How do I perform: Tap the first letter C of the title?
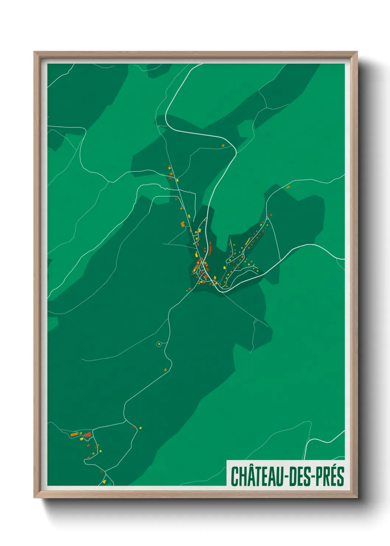click(x=234, y=476)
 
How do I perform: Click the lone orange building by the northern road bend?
click(x=223, y=146)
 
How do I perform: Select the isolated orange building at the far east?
click(x=288, y=187)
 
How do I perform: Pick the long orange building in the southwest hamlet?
click(x=74, y=435)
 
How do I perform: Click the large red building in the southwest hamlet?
click(x=87, y=435)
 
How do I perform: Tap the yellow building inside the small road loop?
click(x=159, y=344)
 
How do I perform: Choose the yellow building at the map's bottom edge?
click(x=104, y=482)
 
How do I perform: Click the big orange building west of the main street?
click(x=182, y=224)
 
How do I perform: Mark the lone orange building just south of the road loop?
click(x=166, y=369)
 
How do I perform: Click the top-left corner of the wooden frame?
click(x=35, y=52)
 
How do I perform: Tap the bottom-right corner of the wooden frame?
click(x=357, y=497)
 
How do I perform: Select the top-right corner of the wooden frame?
click(x=357, y=52)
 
